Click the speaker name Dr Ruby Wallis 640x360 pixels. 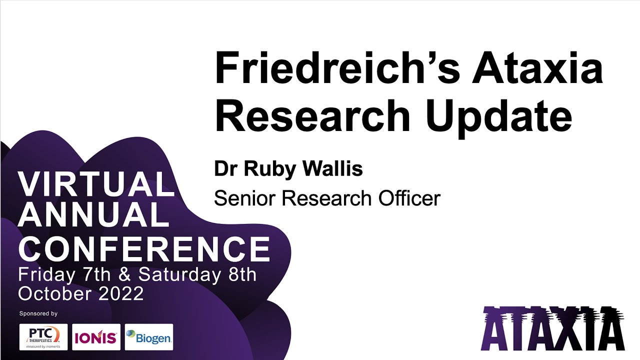(288, 169)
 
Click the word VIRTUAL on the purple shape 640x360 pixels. (96, 184)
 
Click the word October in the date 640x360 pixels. (53, 293)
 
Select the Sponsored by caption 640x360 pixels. (38, 313)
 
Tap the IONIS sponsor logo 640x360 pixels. (96, 337)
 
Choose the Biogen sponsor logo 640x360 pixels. (148, 337)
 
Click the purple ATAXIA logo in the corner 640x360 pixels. (553, 328)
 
